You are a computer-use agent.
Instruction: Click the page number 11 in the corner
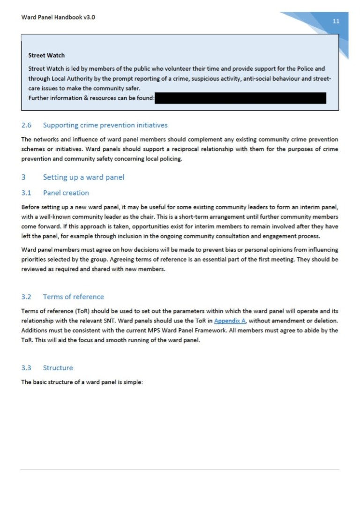point(336,21)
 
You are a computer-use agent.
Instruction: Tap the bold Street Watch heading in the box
point(46,55)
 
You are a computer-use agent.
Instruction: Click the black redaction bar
point(240,98)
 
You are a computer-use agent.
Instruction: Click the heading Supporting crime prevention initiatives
point(105,125)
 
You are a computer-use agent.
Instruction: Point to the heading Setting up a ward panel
point(83,177)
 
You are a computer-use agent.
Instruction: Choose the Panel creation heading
point(66,193)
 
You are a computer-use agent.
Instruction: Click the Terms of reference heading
point(73,297)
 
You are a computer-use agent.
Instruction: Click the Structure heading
point(58,368)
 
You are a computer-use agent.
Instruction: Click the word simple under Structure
point(132,382)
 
